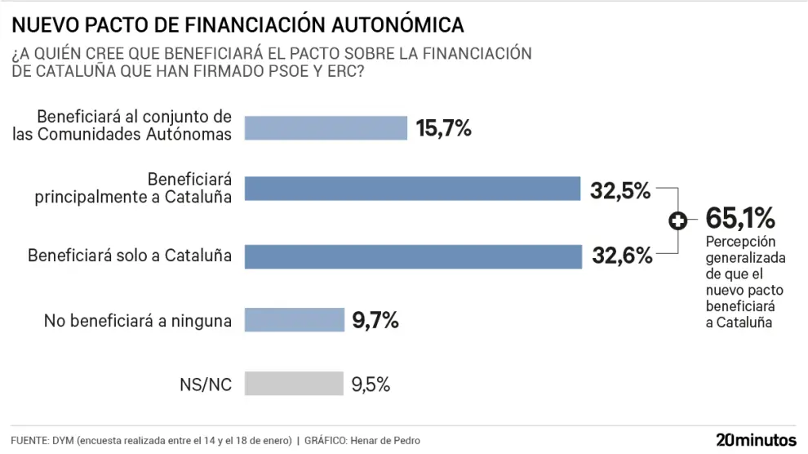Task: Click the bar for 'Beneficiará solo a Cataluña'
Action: [413, 256]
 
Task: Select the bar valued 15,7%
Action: [326, 128]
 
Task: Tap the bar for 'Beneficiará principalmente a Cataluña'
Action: [412, 189]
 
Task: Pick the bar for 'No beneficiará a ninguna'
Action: [295, 320]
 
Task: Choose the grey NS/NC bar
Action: [294, 384]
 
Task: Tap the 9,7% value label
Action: [375, 321]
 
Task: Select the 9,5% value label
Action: [371, 385]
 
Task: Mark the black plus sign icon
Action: [677, 220]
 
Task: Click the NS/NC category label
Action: [205, 385]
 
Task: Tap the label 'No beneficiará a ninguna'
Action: [138, 321]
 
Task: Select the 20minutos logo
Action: [756, 439]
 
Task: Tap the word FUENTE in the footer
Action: [29, 441]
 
